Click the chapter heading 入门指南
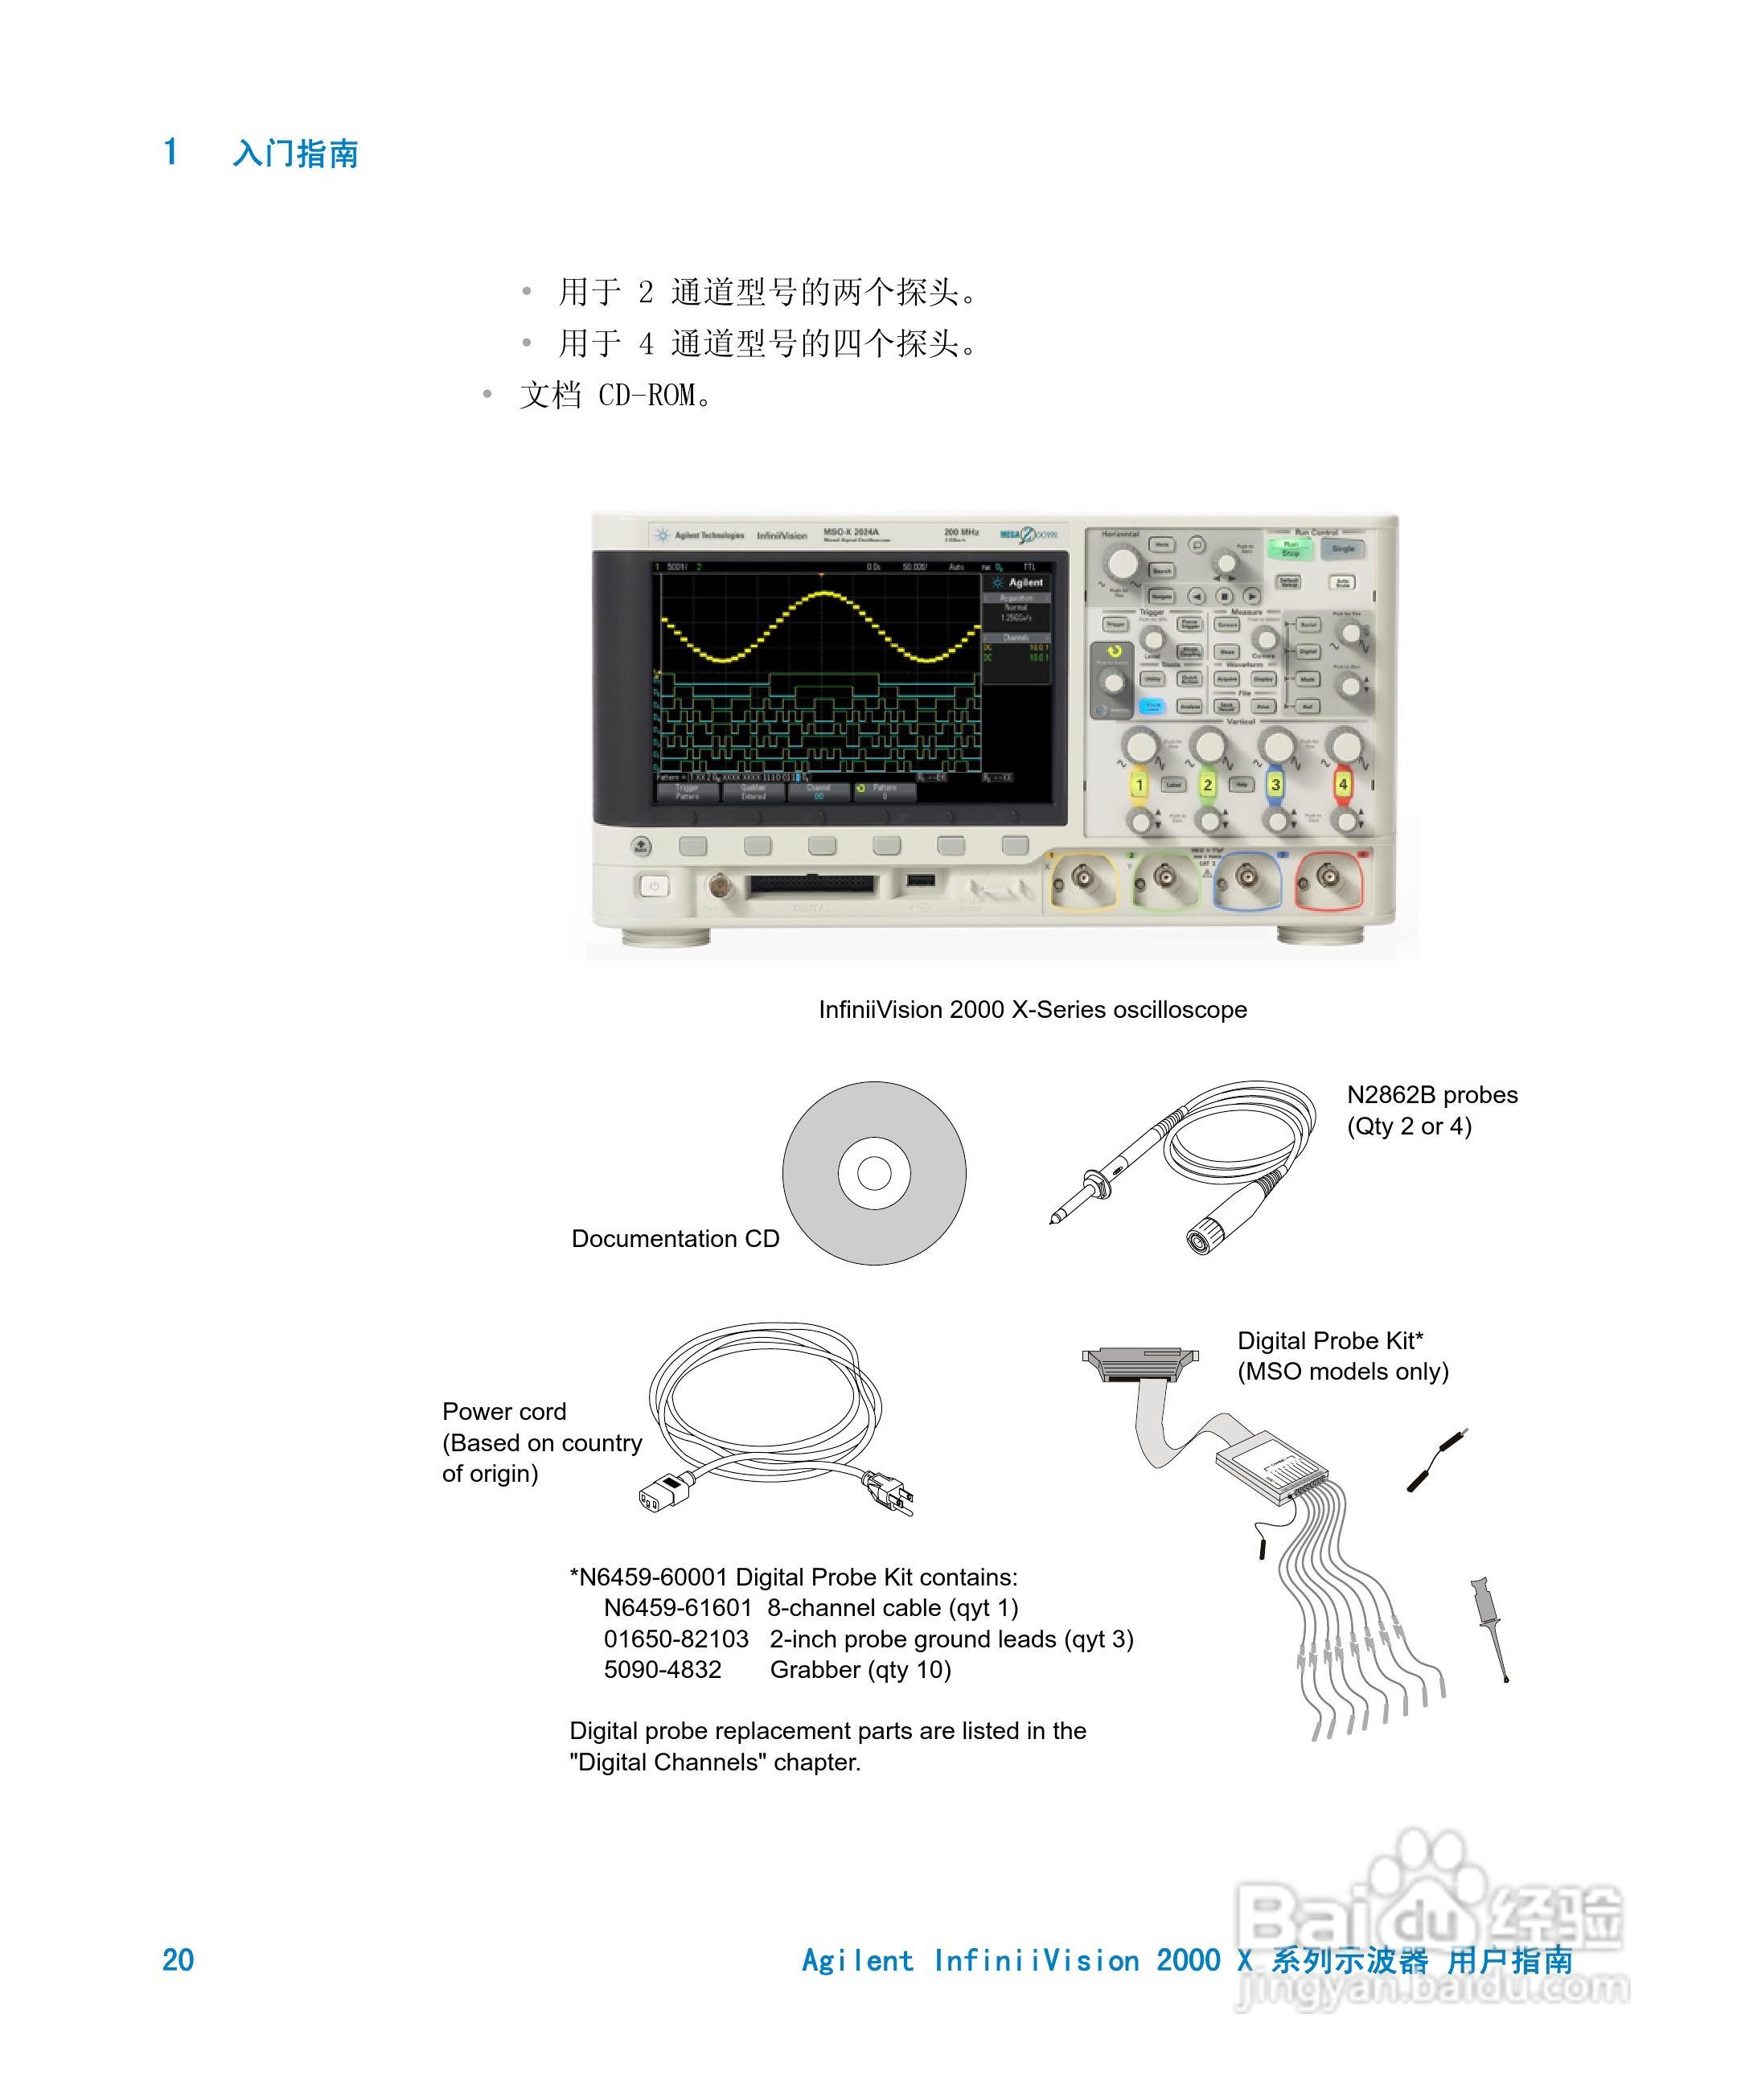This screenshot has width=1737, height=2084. pos(295,154)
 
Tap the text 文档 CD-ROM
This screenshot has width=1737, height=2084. pos(615,395)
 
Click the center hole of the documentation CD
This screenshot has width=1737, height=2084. pos(873,1173)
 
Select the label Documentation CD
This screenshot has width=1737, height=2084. pos(675,1238)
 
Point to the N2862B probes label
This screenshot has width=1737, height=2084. pos(1431,1094)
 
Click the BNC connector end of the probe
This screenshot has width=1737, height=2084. pos(1202,1237)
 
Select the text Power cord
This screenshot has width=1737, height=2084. pos(504,1411)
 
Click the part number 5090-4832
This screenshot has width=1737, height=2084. pos(662,1669)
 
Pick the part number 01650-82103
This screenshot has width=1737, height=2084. pos(676,1639)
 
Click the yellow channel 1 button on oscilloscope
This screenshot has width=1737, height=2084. pos(1140,784)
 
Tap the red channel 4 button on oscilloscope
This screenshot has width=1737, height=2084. pos(1342,784)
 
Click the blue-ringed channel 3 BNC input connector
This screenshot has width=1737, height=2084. pos(1246,876)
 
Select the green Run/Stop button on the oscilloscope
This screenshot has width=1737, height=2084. pos(1291,548)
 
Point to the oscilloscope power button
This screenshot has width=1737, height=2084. pos(653,886)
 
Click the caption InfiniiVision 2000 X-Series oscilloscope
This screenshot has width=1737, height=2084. pos(1033,1009)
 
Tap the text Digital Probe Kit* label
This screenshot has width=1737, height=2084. pos(1330,1341)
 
